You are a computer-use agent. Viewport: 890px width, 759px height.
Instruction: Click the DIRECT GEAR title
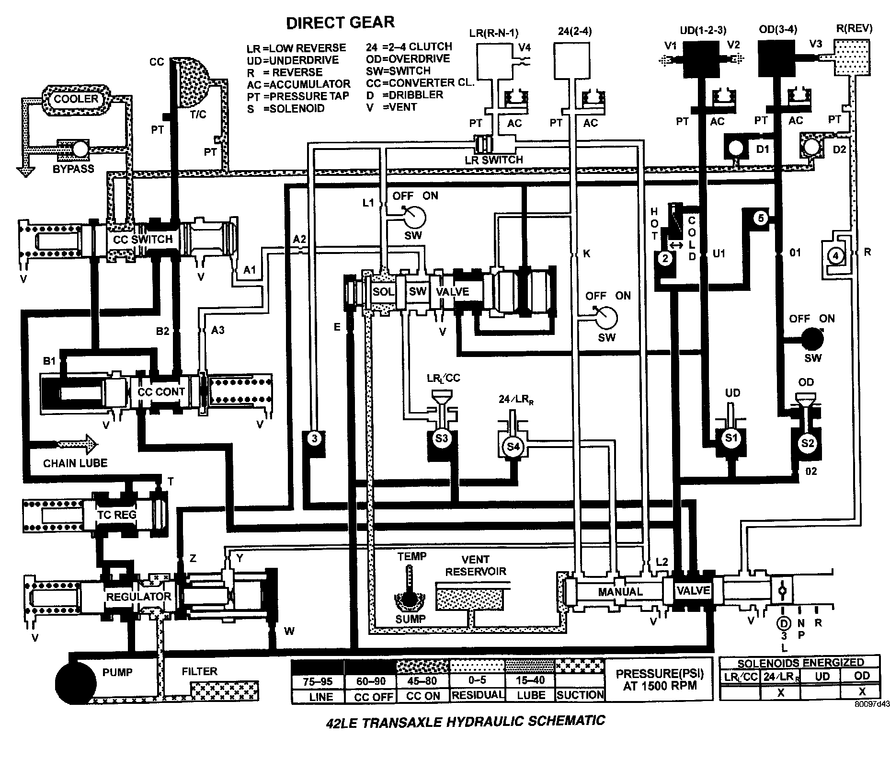point(340,22)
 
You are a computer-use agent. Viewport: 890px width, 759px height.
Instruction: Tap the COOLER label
point(76,99)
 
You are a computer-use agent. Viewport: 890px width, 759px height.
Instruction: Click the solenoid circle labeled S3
point(442,438)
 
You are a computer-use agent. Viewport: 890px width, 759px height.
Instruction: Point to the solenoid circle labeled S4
point(513,447)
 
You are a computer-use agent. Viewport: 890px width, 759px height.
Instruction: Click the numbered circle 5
point(761,218)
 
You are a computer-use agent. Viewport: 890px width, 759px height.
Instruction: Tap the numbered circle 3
point(315,438)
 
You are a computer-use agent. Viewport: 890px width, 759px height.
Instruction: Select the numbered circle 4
point(836,256)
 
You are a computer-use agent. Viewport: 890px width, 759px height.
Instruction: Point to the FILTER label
point(199,671)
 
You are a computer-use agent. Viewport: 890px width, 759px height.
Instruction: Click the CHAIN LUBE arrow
point(77,444)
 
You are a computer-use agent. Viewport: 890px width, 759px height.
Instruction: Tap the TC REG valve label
point(117,515)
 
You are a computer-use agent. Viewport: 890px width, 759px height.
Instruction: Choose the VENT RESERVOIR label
point(475,565)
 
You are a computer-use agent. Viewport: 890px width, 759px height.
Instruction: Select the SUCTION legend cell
point(580,694)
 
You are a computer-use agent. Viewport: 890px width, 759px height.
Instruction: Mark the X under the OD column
point(862,691)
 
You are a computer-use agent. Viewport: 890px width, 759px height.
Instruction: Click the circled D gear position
point(784,623)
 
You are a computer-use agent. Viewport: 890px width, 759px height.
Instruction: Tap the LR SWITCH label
point(494,160)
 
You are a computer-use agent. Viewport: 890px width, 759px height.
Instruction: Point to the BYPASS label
point(73,169)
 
